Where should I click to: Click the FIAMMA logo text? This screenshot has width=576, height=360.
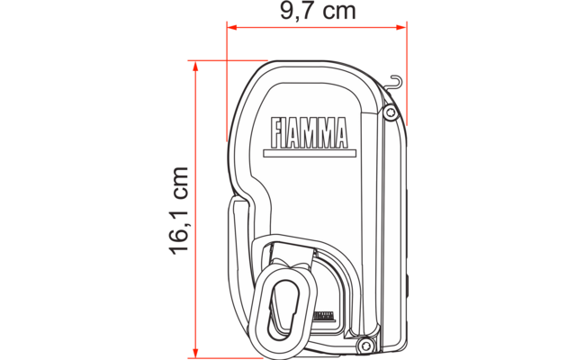(x=309, y=132)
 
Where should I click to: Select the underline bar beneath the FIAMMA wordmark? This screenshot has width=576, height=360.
(x=309, y=150)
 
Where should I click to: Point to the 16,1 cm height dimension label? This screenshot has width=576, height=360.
(x=179, y=210)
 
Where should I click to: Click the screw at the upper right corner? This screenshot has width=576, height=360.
(x=389, y=112)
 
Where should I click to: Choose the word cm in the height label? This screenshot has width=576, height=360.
(x=179, y=184)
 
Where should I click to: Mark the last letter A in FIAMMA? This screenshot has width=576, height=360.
(x=339, y=132)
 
